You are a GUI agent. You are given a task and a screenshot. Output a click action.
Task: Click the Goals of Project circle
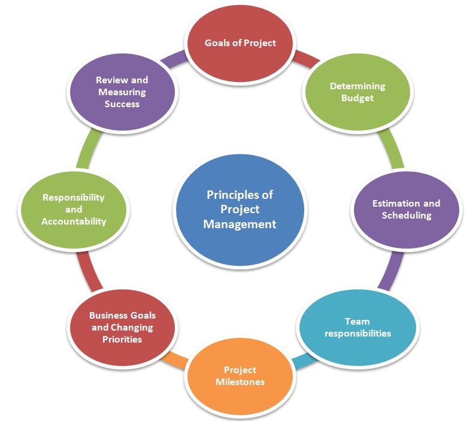(x=240, y=43)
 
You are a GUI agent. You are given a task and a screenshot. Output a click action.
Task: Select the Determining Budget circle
(x=357, y=92)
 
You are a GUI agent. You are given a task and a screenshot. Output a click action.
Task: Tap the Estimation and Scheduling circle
(x=406, y=209)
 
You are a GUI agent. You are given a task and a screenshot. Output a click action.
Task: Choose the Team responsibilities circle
(x=357, y=327)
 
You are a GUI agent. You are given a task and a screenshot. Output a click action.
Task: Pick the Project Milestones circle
(x=239, y=375)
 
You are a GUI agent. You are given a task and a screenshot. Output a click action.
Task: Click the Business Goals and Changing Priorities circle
(x=122, y=327)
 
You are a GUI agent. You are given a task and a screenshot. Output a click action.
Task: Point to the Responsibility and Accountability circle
(x=73, y=209)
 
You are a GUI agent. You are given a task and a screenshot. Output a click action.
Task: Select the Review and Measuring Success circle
(x=122, y=92)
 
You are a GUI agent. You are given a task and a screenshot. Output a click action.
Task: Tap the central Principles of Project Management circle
(x=239, y=209)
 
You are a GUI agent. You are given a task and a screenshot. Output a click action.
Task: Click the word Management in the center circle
(x=239, y=225)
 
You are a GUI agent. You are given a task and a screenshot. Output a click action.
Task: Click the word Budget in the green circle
(x=357, y=98)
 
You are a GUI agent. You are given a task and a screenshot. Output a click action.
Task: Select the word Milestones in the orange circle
(x=239, y=382)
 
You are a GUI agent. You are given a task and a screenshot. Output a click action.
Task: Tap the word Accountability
(x=74, y=222)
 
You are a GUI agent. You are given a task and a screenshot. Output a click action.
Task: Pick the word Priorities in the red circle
(x=122, y=339)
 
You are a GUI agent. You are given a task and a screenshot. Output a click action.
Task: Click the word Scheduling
(x=406, y=216)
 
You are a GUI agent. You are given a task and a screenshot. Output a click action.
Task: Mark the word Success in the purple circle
(x=122, y=104)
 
